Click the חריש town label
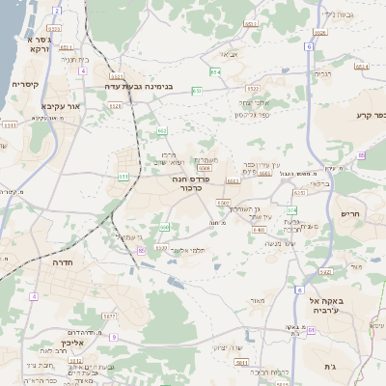click(349, 213)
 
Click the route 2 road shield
click(57, 12)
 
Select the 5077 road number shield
click(108, 315)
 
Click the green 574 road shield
click(216, 71)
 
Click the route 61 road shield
click(312, 330)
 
